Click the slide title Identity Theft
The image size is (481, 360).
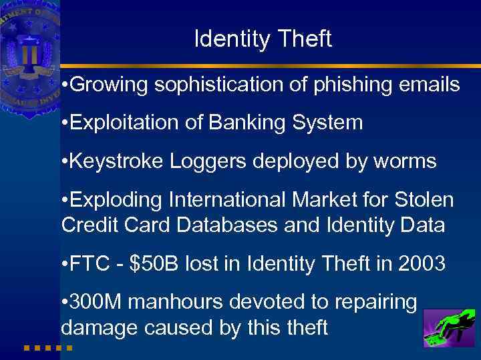pyautogui.click(x=263, y=39)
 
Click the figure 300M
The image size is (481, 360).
pyautogui.click(x=96, y=302)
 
